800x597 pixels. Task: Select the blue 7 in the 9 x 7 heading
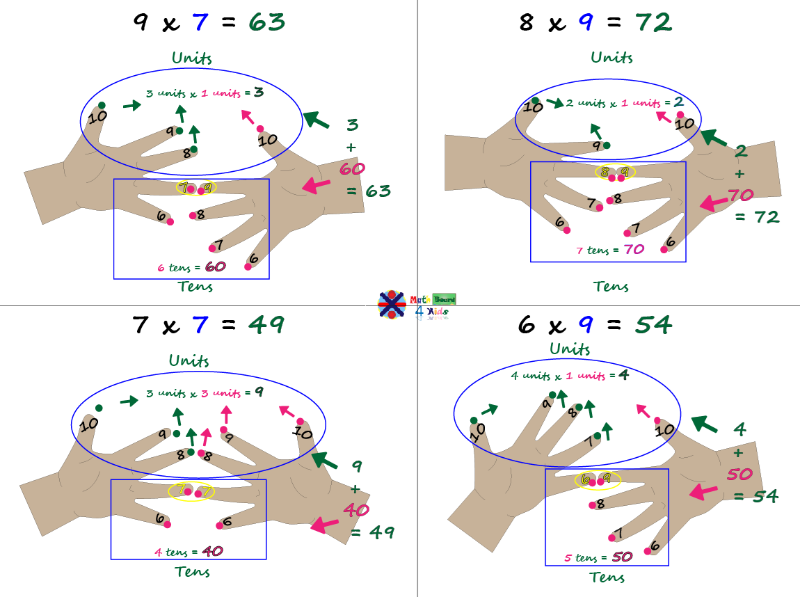tap(200, 22)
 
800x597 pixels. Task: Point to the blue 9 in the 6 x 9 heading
tap(586, 324)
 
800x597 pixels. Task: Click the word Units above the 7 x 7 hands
tap(189, 360)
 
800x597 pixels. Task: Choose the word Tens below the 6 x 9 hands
tap(607, 578)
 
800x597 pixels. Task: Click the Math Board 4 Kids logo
tap(416, 305)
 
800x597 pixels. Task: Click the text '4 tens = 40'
tap(189, 552)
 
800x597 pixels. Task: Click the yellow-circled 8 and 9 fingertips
tap(615, 172)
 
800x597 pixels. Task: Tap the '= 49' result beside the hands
tap(373, 533)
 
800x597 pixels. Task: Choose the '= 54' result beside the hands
tap(755, 496)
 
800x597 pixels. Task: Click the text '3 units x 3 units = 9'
tap(205, 393)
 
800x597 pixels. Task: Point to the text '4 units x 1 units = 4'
tap(570, 376)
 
